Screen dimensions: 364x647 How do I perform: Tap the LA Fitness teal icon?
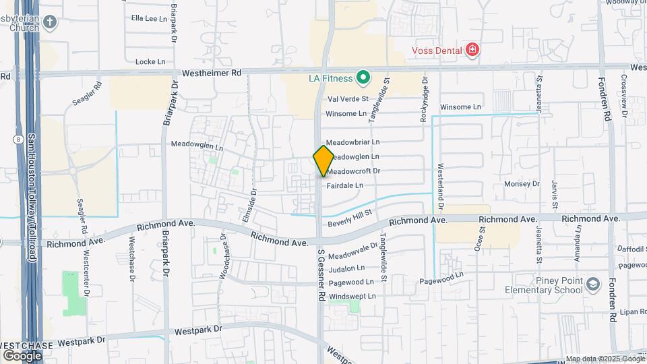click(x=363, y=78)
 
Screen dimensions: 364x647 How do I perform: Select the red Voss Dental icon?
click(x=472, y=51)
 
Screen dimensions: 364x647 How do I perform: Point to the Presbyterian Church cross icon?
click(x=49, y=22)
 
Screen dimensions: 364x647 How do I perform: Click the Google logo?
click(x=22, y=355)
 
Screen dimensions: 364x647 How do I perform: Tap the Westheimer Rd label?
click(x=212, y=73)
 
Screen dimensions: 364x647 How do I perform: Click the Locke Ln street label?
click(x=150, y=61)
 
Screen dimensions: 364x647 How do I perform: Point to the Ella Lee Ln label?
click(x=149, y=18)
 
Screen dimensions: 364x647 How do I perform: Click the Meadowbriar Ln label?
click(x=353, y=142)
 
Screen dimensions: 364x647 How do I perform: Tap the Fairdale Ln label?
click(x=345, y=185)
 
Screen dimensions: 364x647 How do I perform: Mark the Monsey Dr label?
click(x=522, y=183)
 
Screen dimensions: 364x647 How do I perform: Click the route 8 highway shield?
click(x=16, y=139)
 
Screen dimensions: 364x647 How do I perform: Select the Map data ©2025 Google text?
click(x=605, y=359)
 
